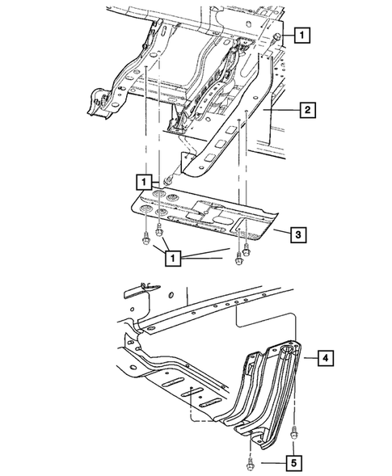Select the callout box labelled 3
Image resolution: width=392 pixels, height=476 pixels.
[298, 235]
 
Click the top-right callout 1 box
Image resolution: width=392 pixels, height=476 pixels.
[301, 35]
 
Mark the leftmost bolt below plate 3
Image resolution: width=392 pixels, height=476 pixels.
[144, 239]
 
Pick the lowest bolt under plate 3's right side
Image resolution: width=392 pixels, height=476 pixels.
[238, 260]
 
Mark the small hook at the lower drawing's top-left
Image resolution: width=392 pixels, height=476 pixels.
[142, 284]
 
